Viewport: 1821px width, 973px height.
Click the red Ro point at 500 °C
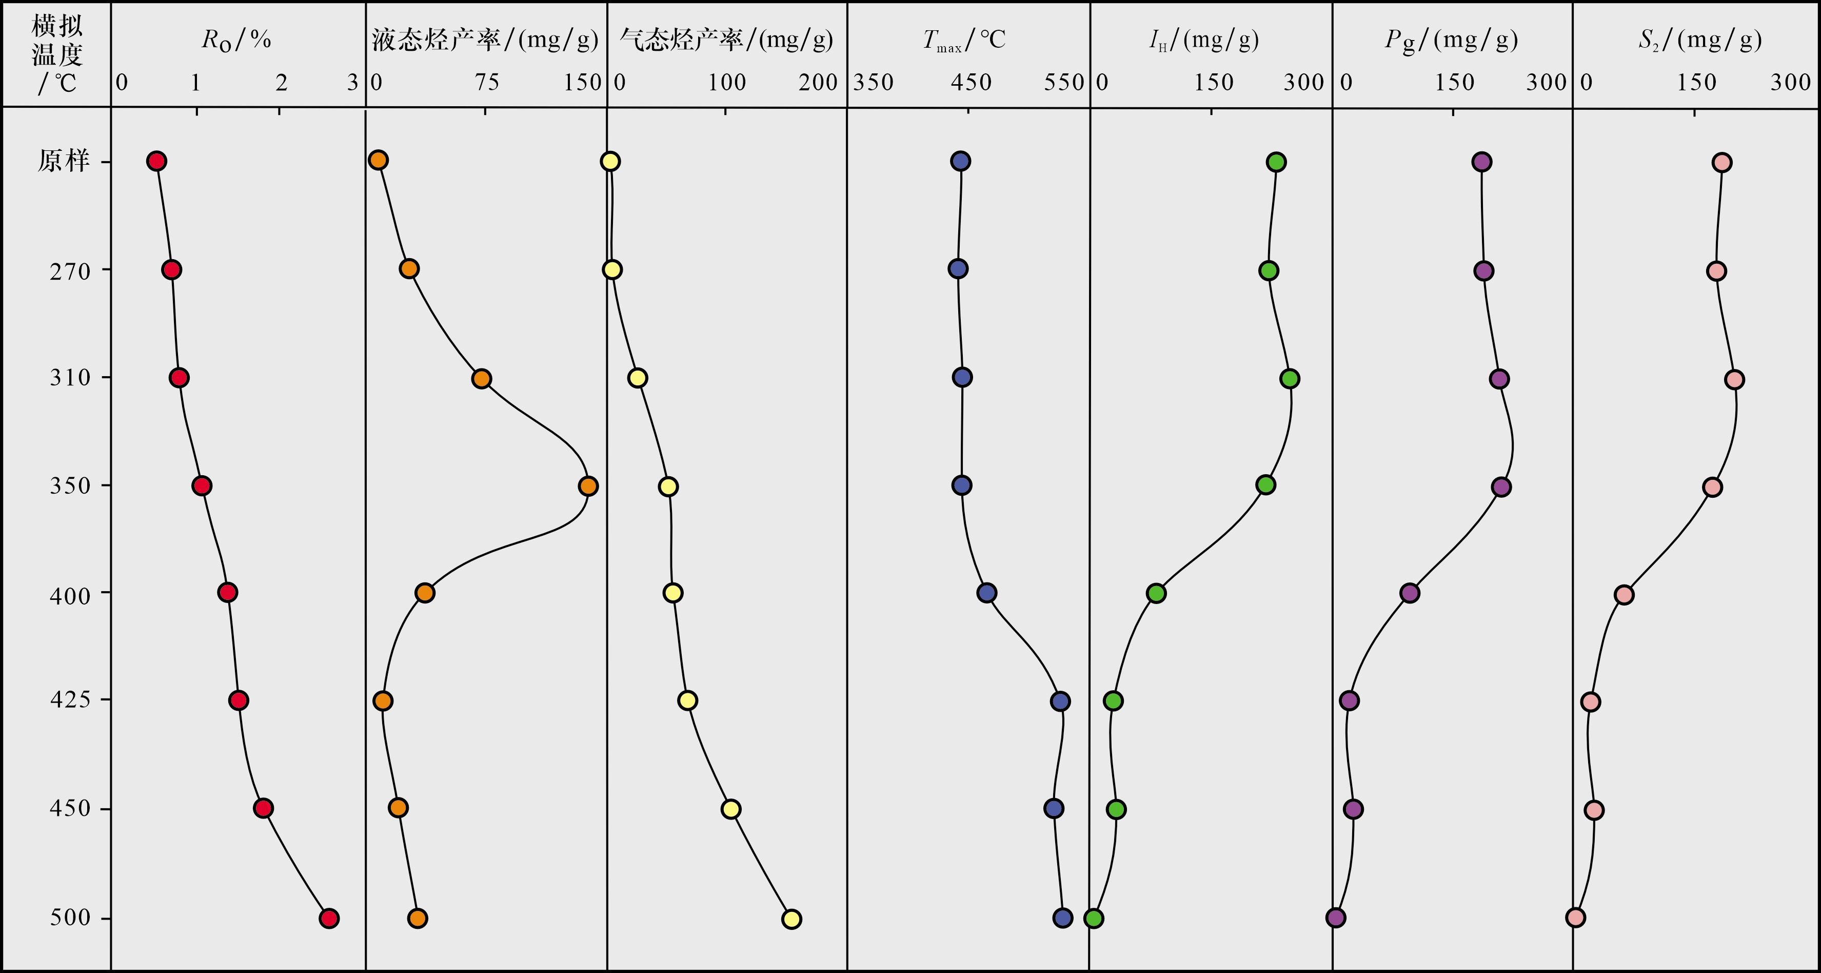[x=329, y=919]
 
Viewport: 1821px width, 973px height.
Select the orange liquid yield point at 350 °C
[x=587, y=486]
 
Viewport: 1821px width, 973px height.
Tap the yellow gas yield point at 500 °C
[x=791, y=919]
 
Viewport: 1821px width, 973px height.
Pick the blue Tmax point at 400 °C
[x=987, y=593]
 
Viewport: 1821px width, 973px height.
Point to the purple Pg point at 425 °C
[x=1349, y=701]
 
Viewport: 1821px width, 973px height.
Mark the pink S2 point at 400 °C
[x=1624, y=595]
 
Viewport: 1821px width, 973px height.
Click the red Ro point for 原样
[x=156, y=161]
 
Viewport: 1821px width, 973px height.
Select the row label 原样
[x=64, y=161]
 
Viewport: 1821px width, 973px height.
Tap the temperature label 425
[x=70, y=699]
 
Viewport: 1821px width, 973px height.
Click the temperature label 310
[x=70, y=378]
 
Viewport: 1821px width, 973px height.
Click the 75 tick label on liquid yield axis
[x=486, y=83]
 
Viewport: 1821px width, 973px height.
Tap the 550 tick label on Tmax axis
[x=1064, y=83]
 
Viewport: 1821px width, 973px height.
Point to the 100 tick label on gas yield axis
[x=727, y=83]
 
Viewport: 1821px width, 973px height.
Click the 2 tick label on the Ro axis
[x=281, y=83]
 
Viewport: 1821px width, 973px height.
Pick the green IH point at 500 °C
[x=1094, y=919]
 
